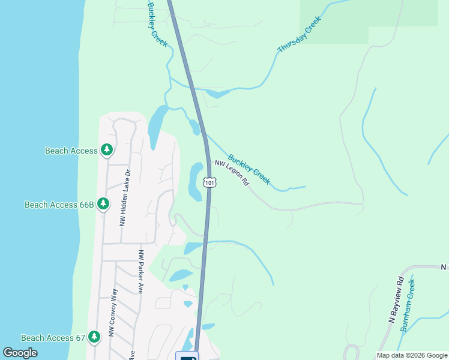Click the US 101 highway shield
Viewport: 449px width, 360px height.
tap(209, 182)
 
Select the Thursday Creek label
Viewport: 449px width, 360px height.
tap(300, 34)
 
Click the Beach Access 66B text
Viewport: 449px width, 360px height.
tap(59, 205)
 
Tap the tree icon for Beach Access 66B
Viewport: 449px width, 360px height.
tap(103, 204)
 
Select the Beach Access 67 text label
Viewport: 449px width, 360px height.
tap(53, 338)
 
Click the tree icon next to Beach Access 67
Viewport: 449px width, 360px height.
tap(94, 337)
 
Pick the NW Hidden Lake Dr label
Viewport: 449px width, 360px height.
tap(125, 197)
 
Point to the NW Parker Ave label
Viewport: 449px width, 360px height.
tap(142, 272)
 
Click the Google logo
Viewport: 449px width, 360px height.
tap(20, 353)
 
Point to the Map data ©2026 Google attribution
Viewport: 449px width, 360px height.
tap(412, 355)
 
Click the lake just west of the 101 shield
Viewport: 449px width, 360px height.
tap(195, 181)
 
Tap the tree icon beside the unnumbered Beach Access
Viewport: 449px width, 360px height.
tap(107, 150)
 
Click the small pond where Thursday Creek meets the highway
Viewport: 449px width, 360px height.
tap(218, 93)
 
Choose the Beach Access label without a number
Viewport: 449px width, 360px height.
tap(71, 151)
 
